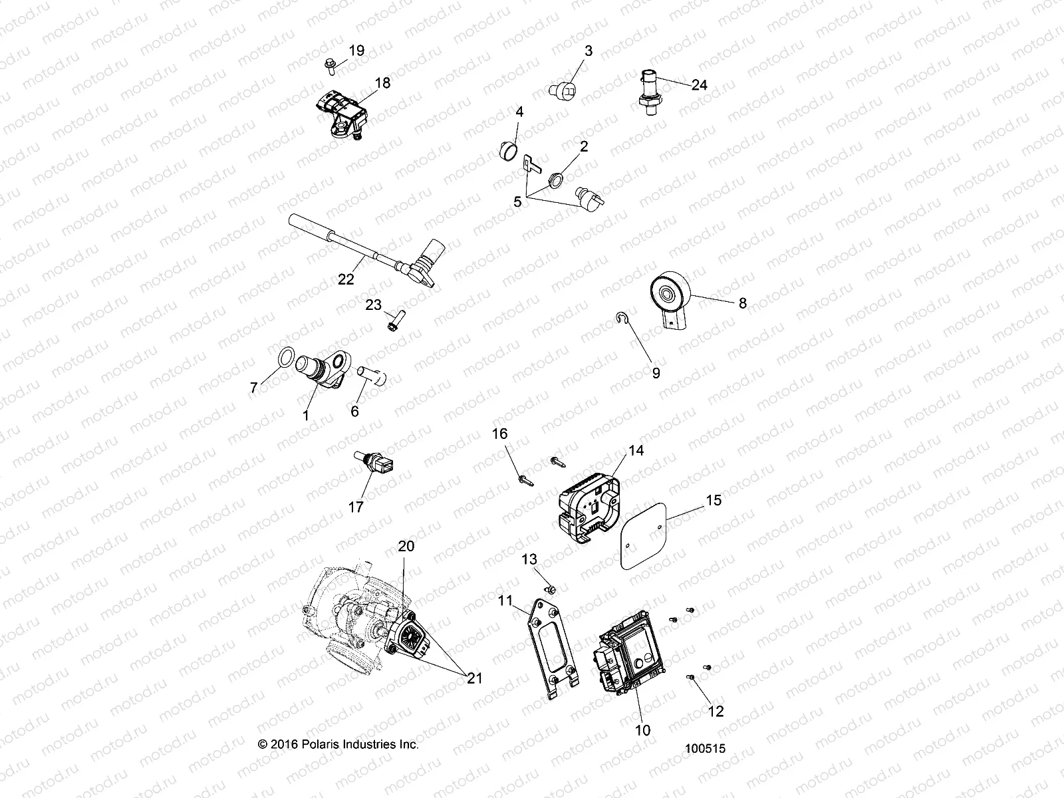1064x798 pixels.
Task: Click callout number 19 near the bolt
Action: pyautogui.click(x=356, y=51)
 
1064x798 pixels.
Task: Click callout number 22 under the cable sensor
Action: pyautogui.click(x=346, y=279)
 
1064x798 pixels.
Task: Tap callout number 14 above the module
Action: pyautogui.click(x=636, y=450)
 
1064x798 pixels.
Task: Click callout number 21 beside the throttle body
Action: pyautogui.click(x=474, y=678)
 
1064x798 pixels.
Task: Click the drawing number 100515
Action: pyautogui.click(x=705, y=749)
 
